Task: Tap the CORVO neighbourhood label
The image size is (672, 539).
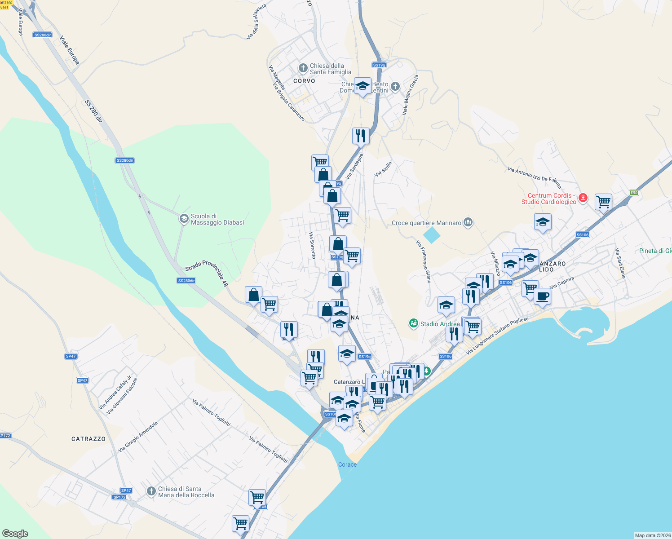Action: tap(304, 81)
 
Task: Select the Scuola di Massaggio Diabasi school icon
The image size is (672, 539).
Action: tap(184, 219)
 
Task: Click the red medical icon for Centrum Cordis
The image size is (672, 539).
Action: tap(583, 198)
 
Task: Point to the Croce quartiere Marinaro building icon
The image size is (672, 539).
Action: tap(468, 222)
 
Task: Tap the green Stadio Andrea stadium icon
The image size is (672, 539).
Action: tap(413, 323)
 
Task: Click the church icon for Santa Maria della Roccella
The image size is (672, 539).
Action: tap(151, 491)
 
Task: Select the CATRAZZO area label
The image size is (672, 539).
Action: tap(88, 439)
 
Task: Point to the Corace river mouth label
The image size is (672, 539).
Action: tap(347, 464)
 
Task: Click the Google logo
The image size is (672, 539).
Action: tap(15, 534)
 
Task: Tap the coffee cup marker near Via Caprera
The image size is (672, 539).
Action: tap(542, 296)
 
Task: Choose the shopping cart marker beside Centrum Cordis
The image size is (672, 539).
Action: tap(603, 202)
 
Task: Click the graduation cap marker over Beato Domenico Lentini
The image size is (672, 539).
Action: tap(363, 85)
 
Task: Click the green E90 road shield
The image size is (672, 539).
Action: tap(633, 193)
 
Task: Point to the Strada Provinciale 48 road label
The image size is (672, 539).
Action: tap(207, 273)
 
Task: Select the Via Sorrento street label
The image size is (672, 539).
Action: tap(312, 245)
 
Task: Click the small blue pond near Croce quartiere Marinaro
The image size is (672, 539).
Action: tap(432, 235)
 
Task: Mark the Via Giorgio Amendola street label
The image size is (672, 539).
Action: tap(138, 437)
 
